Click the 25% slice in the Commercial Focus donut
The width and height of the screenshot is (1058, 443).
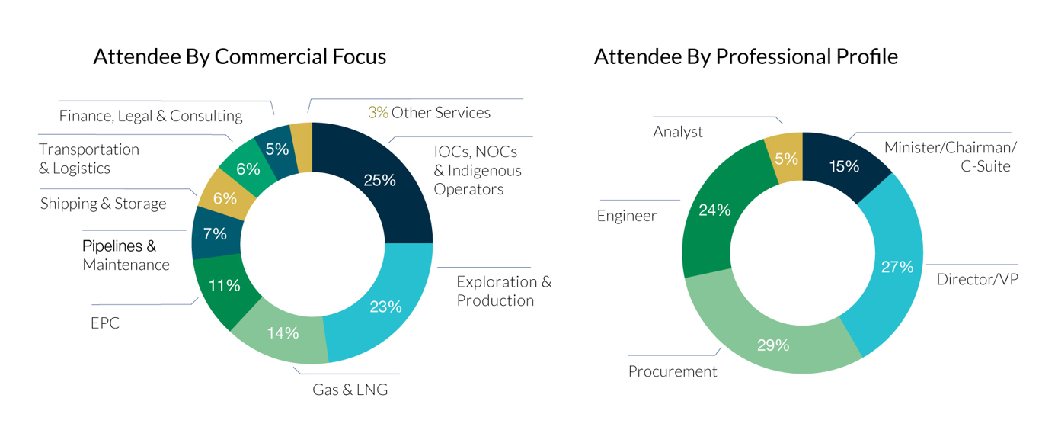click(x=379, y=180)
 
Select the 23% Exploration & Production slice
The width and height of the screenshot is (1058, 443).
click(x=385, y=307)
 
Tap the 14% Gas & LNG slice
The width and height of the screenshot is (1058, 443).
click(x=283, y=332)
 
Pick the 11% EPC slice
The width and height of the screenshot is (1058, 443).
click(x=224, y=285)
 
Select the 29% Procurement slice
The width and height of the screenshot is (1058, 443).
click(x=772, y=345)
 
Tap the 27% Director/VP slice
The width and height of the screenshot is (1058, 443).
click(x=897, y=267)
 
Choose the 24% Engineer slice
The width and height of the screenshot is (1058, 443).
click(x=714, y=210)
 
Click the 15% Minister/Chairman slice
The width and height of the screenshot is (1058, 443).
click(x=844, y=165)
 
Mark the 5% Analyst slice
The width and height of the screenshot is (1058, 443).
click(x=786, y=159)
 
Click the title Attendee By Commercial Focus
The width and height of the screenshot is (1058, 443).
click(x=239, y=56)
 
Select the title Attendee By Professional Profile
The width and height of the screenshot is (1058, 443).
click(x=746, y=56)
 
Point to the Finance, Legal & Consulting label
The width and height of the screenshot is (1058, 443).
click(x=151, y=116)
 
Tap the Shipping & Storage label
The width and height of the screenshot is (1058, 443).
click(x=103, y=204)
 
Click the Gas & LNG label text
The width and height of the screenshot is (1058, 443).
click(x=350, y=390)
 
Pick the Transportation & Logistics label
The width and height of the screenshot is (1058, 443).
click(x=89, y=159)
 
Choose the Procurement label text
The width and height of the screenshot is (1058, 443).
click(x=673, y=371)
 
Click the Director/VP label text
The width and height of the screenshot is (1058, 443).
click(x=977, y=279)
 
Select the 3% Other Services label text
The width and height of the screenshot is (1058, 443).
click(x=429, y=113)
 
